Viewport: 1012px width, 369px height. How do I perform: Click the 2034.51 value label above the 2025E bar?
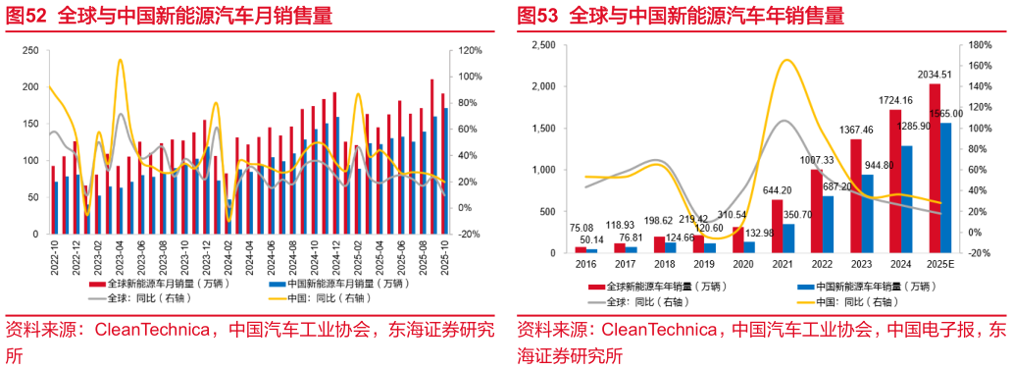coord(933,75)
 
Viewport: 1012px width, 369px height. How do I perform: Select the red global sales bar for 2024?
coord(894,182)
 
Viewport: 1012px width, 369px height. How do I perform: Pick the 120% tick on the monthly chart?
coord(471,50)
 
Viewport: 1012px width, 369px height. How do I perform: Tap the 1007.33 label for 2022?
coord(816,160)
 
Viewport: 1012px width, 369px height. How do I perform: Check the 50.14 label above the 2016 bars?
coord(592,238)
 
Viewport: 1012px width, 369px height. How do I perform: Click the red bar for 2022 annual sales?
coord(816,211)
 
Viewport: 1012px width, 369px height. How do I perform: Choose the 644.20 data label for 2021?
coord(777,190)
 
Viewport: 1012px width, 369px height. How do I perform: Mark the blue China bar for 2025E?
coord(945,187)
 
